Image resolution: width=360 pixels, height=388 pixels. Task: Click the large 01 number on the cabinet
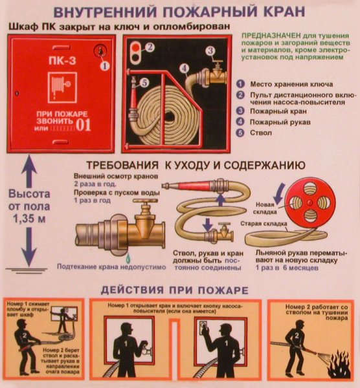85,125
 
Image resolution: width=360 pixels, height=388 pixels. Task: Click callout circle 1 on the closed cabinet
105,64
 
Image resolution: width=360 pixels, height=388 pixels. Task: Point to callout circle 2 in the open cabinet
149,47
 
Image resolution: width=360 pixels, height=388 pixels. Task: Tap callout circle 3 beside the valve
210,50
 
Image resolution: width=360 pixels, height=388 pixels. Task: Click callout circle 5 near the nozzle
144,83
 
